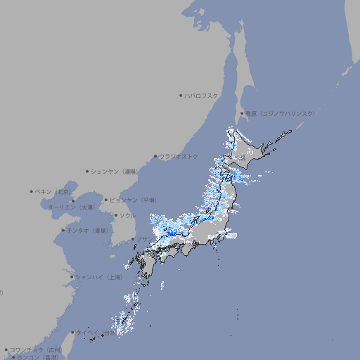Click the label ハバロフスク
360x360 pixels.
202,95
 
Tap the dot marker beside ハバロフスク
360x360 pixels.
181,95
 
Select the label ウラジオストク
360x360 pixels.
179,156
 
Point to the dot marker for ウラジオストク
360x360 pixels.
155,156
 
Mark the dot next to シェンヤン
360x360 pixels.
87,171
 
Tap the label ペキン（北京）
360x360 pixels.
53,191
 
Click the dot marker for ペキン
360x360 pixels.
32,191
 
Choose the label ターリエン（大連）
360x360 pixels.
71,207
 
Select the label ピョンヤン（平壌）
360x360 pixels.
134,200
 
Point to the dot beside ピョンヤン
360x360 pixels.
106,200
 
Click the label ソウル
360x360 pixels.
127,215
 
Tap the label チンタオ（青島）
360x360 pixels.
88,231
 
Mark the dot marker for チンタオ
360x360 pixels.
63,231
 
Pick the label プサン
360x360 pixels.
144,239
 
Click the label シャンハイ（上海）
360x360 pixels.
98,277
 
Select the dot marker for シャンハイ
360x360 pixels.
72,277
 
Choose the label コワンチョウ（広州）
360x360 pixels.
36,349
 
